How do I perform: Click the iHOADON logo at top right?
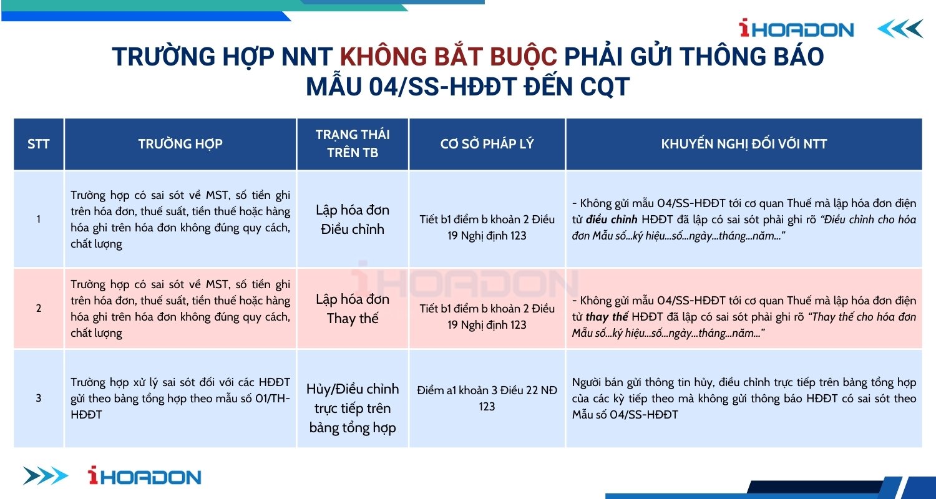coord(796,29)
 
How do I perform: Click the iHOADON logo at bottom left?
coord(145,476)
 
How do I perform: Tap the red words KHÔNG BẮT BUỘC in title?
coord(449,57)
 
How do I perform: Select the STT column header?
coord(39,144)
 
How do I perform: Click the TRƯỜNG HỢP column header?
coord(180,144)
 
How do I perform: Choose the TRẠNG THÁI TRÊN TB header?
coord(353,143)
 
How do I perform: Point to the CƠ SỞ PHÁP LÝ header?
coord(487,144)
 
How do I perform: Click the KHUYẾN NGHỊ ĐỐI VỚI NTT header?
coord(744,144)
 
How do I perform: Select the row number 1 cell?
coord(39,219)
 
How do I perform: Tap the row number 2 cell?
coord(39,308)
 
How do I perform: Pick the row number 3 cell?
coord(39,398)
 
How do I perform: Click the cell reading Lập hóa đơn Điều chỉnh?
coord(353,219)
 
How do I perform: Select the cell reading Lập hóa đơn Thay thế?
coord(353,309)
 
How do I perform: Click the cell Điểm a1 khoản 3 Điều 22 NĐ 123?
coord(487,399)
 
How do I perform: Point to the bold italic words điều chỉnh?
coord(612,220)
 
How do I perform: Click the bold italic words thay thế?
coord(607,317)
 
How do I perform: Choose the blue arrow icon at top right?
coord(900,29)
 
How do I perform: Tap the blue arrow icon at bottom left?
coord(46,476)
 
